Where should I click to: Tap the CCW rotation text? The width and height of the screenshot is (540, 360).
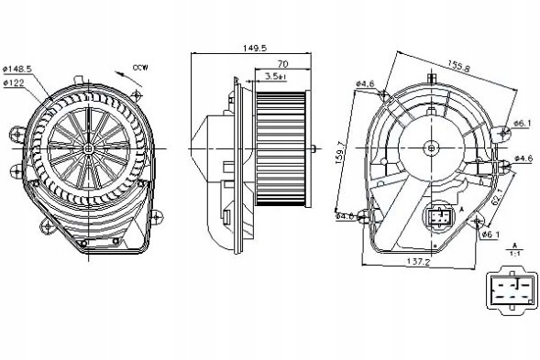tap(139, 68)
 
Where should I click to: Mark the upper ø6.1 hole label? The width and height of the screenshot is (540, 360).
tap(523, 124)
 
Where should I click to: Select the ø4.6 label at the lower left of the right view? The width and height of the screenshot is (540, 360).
tap(346, 217)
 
